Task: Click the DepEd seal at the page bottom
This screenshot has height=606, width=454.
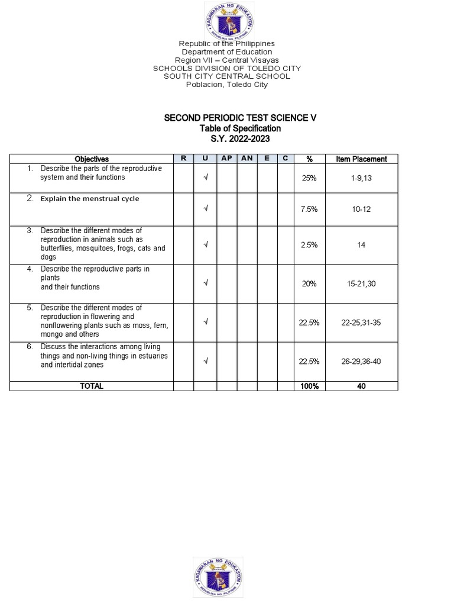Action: pyautogui.click(x=218, y=577)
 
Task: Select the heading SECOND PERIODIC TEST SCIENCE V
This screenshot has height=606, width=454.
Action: pyautogui.click(x=240, y=118)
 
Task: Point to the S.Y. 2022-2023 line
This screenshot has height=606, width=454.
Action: pyautogui.click(x=240, y=138)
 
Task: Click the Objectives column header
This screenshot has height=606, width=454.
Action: pyautogui.click(x=92, y=159)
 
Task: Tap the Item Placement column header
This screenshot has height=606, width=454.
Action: pyautogui.click(x=361, y=159)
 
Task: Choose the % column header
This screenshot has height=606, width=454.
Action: pyautogui.click(x=309, y=159)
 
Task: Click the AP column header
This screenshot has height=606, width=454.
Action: pyautogui.click(x=226, y=159)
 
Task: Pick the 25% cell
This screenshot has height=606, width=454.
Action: pyautogui.click(x=309, y=178)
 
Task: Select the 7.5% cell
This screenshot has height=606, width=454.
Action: pyautogui.click(x=309, y=209)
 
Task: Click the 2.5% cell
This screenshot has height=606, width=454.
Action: pyautogui.click(x=309, y=244)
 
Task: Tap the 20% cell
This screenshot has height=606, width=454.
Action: pyautogui.click(x=309, y=283)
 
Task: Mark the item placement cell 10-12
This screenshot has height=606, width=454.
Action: pyautogui.click(x=361, y=209)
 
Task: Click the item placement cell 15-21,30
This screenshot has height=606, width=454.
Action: pyautogui.click(x=361, y=283)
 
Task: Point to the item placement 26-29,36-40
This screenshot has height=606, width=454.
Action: pyautogui.click(x=361, y=361)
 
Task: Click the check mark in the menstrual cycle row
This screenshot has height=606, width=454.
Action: pyautogui.click(x=205, y=208)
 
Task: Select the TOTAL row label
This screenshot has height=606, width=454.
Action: pyautogui.click(x=92, y=386)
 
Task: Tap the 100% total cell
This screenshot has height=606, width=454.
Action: pyautogui.click(x=309, y=386)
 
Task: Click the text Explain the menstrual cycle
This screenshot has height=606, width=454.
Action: pyautogui.click(x=90, y=199)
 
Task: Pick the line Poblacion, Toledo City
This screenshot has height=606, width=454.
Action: pyautogui.click(x=227, y=85)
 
